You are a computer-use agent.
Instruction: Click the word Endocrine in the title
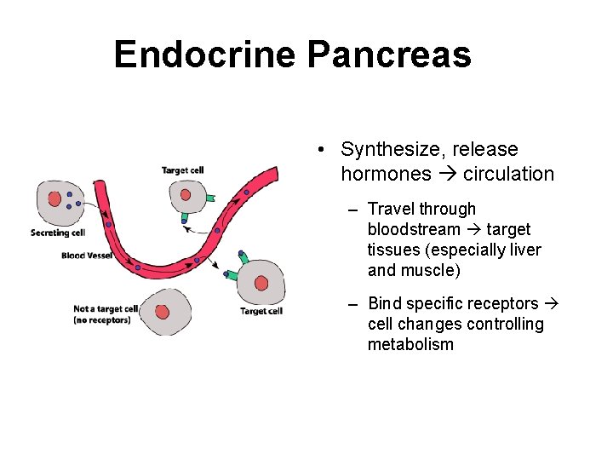204,55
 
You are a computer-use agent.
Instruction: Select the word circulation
508,175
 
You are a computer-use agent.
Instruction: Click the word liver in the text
524,250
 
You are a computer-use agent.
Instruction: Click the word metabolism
410,345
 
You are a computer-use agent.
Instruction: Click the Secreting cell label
58,233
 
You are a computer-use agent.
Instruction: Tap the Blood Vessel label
86,256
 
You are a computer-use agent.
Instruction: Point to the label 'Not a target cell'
106,309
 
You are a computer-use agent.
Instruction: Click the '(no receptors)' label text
102,320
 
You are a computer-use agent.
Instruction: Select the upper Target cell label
183,170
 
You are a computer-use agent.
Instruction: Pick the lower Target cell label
261,311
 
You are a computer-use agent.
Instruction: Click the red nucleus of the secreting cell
54,198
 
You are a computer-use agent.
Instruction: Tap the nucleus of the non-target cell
162,312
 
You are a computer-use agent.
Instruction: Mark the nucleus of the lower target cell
261,283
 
